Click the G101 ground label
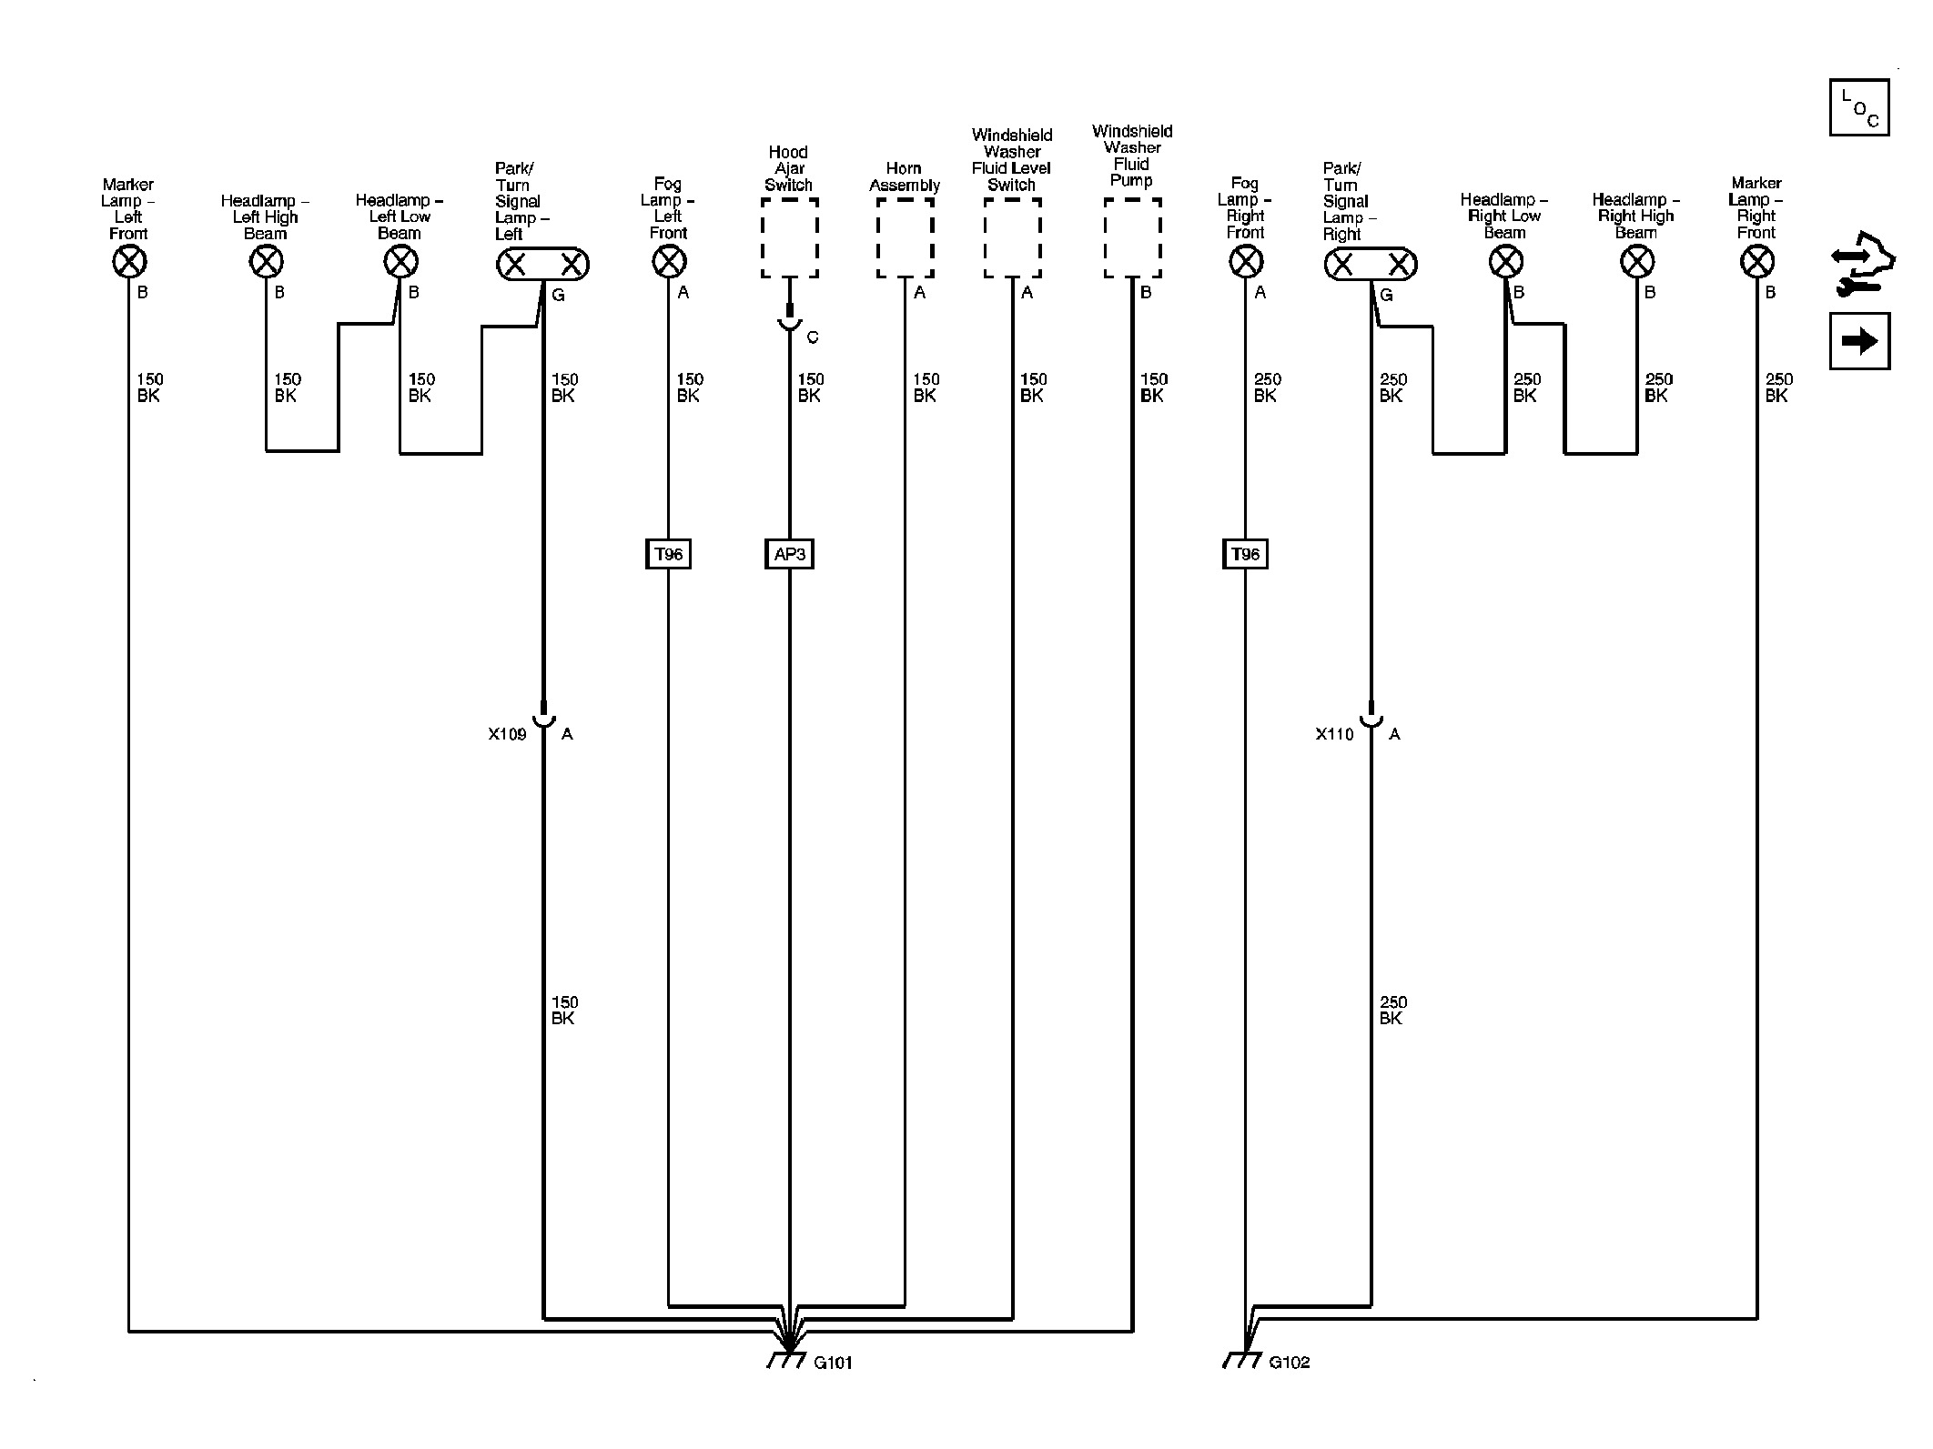point(833,1363)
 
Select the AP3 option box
point(789,554)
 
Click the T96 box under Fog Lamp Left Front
point(669,554)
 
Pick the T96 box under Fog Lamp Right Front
point(1245,554)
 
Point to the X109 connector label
point(507,734)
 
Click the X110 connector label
point(1334,734)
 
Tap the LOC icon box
point(1859,108)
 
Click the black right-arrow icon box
point(1859,341)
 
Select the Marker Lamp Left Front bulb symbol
point(129,263)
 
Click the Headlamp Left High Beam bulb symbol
point(266,263)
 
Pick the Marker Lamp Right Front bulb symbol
point(1756,263)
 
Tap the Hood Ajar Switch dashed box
point(789,238)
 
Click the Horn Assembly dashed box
point(905,238)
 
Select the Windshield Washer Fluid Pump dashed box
point(1132,238)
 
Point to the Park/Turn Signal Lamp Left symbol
point(542,265)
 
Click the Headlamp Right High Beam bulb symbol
point(1637,263)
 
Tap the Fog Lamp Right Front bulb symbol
point(1245,263)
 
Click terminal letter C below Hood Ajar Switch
point(813,337)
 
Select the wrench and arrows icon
point(1861,265)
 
